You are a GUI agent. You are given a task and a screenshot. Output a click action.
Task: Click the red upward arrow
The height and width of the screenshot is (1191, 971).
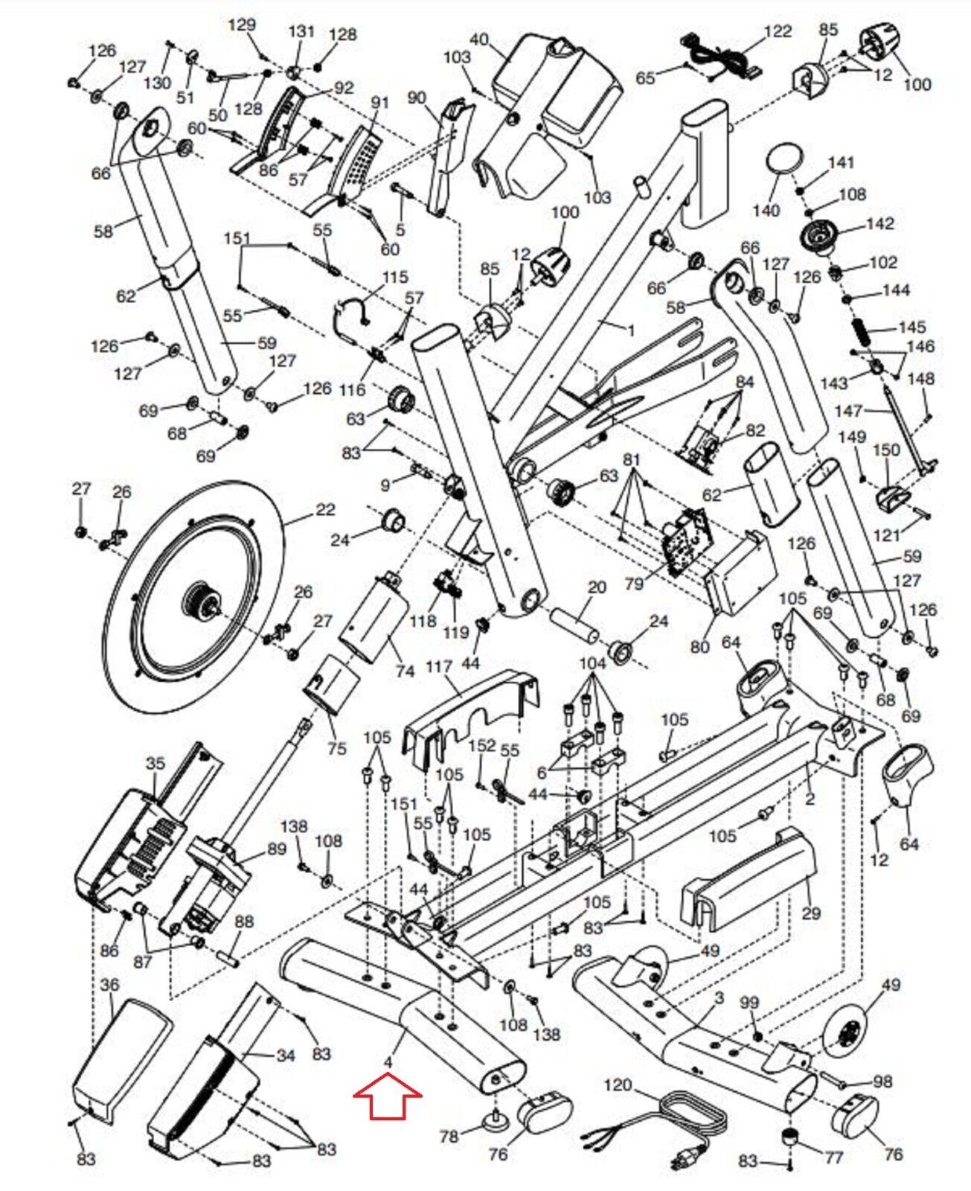(x=388, y=1095)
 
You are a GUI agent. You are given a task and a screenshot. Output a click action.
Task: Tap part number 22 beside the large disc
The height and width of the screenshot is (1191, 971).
(x=325, y=510)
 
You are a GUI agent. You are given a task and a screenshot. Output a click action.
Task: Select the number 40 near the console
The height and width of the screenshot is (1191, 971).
(x=479, y=39)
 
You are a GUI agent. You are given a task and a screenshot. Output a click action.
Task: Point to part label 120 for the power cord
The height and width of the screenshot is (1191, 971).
(x=617, y=1085)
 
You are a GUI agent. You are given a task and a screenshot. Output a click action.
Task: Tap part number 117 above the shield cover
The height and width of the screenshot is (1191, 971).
(x=439, y=666)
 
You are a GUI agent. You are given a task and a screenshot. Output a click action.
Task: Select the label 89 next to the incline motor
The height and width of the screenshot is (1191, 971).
(x=276, y=849)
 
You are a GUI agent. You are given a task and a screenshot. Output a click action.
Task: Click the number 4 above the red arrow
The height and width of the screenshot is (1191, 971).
(x=388, y=1059)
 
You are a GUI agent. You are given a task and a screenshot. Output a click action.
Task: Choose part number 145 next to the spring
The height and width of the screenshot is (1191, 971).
(x=912, y=327)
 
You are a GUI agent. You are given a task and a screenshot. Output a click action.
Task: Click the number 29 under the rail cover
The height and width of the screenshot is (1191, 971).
(x=811, y=912)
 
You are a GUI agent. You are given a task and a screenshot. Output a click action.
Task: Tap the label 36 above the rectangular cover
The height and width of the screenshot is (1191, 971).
(x=109, y=985)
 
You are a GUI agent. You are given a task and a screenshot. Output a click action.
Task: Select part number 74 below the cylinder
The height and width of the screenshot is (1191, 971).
(x=405, y=671)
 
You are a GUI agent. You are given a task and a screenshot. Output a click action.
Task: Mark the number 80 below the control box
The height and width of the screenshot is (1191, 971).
(x=700, y=647)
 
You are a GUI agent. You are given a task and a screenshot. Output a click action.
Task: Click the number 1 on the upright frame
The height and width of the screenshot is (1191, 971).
(x=631, y=330)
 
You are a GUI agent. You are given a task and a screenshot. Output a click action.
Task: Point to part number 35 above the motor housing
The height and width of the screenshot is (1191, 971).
(x=155, y=764)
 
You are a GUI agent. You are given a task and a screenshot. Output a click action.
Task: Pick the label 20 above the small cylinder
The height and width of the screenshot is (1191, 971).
(x=597, y=587)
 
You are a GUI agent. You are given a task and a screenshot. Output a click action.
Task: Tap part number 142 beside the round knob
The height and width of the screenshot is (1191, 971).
(x=880, y=223)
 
